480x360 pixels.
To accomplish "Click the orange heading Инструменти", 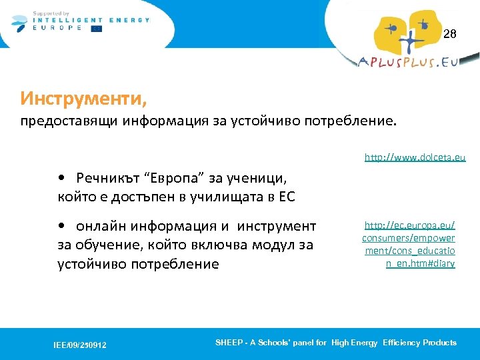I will tap(83, 99).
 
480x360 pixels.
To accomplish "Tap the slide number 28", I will tap(450, 34).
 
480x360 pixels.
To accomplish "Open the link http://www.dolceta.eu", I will tap(415, 158).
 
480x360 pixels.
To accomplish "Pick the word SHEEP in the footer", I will tap(228, 343).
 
